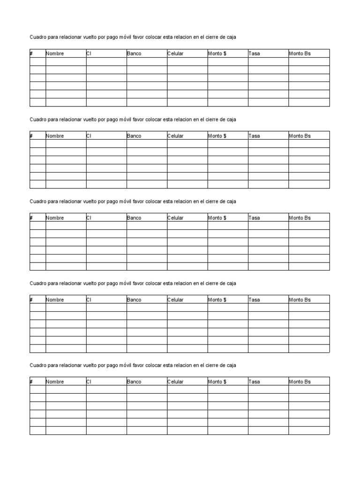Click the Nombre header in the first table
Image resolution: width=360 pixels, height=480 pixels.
[55, 54]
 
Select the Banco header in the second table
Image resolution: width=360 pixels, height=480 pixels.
[134, 136]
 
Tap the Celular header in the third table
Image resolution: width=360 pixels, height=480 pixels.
[175, 218]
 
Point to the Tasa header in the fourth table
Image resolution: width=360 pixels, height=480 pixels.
[254, 300]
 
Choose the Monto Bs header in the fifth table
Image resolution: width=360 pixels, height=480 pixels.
[300, 382]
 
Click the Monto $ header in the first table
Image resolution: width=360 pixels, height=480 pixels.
[217, 54]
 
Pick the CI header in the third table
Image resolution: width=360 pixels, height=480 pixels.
[89, 218]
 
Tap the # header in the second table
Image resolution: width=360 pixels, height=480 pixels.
[31, 136]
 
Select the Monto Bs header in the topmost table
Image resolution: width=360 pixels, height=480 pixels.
[300, 54]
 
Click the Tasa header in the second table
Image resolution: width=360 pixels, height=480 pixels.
[254, 136]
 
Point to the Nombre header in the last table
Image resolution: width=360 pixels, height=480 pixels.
[55, 382]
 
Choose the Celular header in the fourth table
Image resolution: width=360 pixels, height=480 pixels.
[175, 300]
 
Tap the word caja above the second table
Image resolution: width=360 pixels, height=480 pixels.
[232, 120]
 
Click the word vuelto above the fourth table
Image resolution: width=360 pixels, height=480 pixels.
[90, 284]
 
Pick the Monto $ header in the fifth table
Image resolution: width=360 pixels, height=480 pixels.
[217, 382]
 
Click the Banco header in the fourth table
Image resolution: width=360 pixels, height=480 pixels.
[134, 300]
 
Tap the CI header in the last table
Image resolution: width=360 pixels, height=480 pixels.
[89, 382]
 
